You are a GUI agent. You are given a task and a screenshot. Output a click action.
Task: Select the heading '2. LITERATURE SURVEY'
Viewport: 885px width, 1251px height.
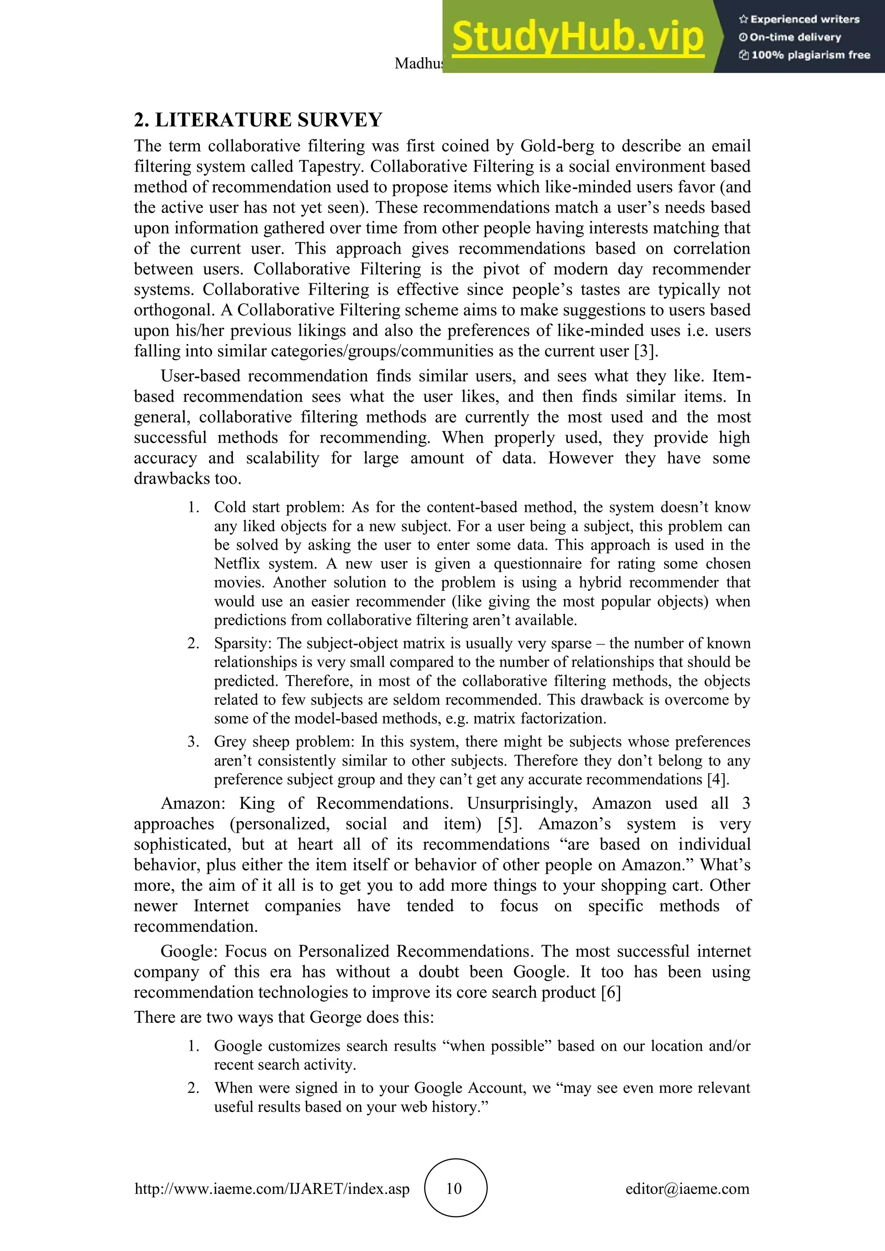click(258, 120)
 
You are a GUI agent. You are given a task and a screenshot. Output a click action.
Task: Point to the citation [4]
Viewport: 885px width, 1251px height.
click(718, 779)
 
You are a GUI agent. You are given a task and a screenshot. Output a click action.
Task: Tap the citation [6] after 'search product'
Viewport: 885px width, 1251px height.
click(611, 992)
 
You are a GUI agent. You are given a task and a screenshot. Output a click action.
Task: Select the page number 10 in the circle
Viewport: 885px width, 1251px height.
click(455, 1188)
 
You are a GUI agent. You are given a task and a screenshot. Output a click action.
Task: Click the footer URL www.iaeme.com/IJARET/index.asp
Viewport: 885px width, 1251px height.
click(272, 1188)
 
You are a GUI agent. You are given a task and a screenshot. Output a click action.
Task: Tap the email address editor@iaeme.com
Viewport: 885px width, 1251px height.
click(687, 1188)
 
